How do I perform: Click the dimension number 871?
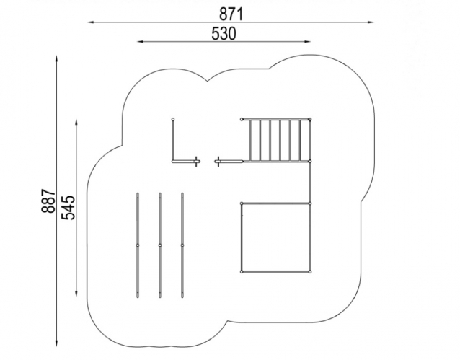point(231,14)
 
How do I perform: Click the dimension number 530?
point(224,33)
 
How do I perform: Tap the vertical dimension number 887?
point(48,201)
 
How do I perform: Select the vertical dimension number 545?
point(68,207)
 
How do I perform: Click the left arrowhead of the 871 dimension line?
point(91,22)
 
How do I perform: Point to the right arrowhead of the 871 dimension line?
point(371,22)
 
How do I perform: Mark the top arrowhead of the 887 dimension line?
point(56,58)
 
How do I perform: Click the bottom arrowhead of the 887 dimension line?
point(56,343)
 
